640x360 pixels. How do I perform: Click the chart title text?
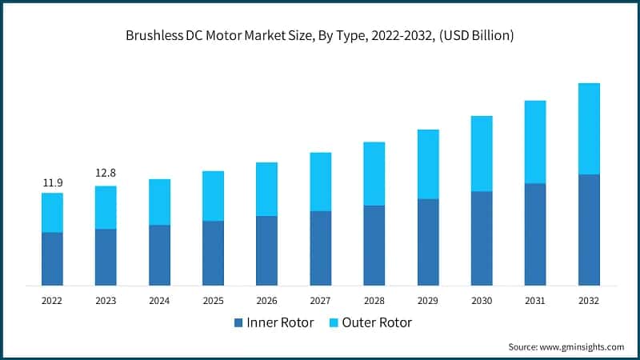pyautogui.click(x=320, y=35)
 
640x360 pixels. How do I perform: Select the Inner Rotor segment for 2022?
pyautogui.click(x=52, y=258)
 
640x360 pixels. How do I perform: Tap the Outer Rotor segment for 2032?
pyautogui.click(x=589, y=129)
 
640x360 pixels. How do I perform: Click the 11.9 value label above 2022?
pyautogui.click(x=52, y=183)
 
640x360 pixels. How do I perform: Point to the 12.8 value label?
pyautogui.click(x=106, y=174)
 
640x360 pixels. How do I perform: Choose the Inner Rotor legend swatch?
pyautogui.click(x=237, y=322)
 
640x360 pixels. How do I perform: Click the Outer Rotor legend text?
pyautogui.click(x=376, y=322)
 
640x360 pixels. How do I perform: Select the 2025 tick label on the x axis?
pyautogui.click(x=213, y=301)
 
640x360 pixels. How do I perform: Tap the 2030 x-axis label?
pyautogui.click(x=482, y=301)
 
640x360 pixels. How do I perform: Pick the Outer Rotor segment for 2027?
pyautogui.click(x=320, y=182)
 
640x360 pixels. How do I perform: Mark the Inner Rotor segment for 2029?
pyautogui.click(x=428, y=242)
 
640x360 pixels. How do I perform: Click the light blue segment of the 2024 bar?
pyautogui.click(x=159, y=202)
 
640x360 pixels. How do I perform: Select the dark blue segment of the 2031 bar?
pyautogui.click(x=535, y=234)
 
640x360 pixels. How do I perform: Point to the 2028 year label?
pyautogui.click(x=374, y=301)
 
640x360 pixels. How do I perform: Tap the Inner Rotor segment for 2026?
pyautogui.click(x=266, y=250)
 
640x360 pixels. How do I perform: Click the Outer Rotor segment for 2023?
pyautogui.click(x=106, y=207)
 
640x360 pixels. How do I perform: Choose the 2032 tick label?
pyautogui.click(x=589, y=301)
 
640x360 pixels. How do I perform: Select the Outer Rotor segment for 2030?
pyautogui.click(x=482, y=154)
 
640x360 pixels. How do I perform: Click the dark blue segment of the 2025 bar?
pyautogui.click(x=213, y=253)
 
